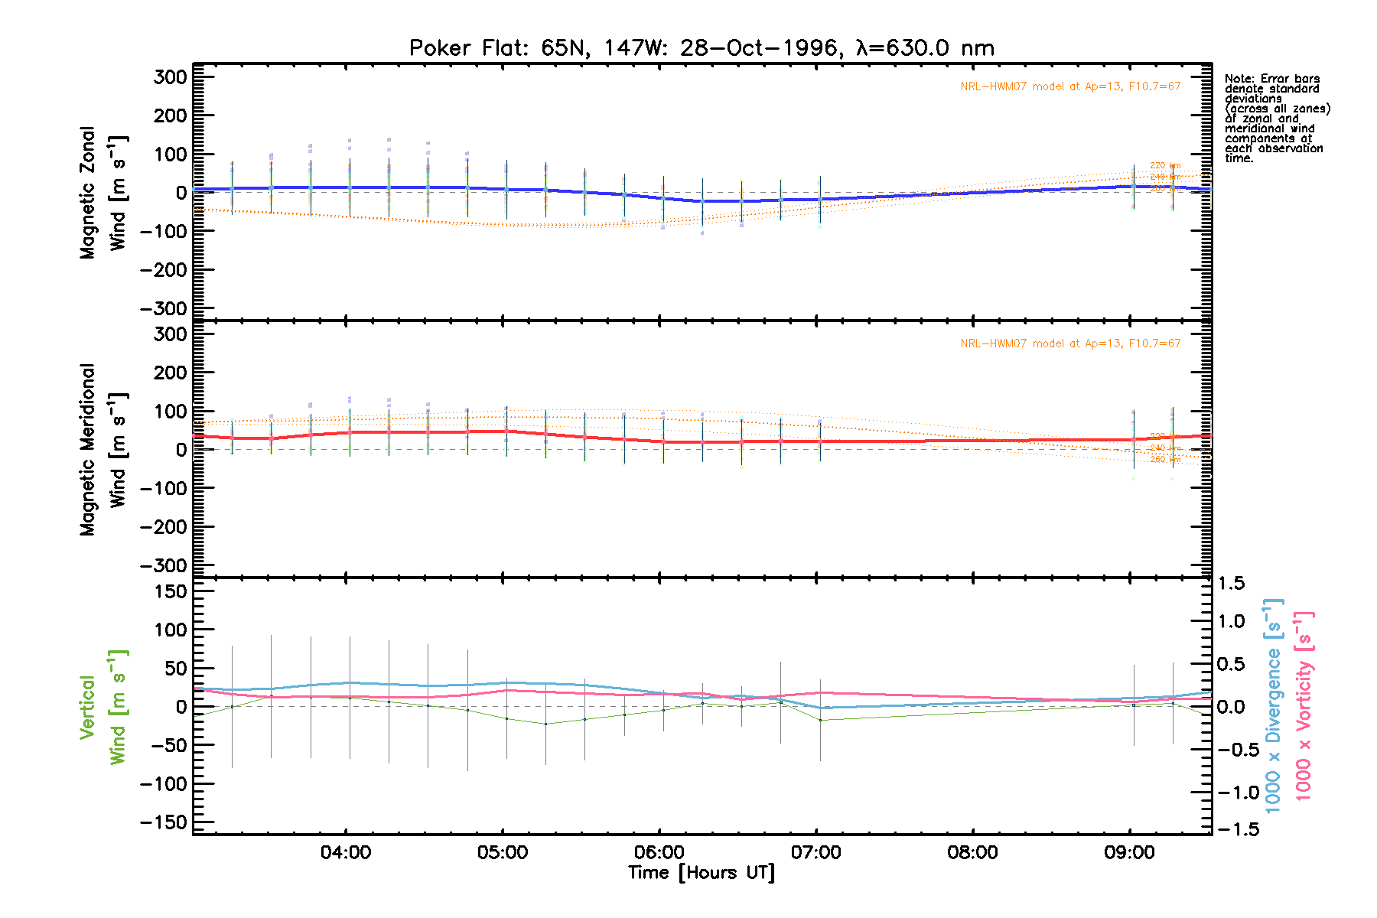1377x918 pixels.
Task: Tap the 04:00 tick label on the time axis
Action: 346,852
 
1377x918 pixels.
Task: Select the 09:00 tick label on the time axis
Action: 1129,852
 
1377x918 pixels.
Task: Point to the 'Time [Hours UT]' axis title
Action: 702,873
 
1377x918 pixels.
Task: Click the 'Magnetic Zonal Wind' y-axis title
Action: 103,193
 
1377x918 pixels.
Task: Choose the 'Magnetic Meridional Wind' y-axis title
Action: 103,449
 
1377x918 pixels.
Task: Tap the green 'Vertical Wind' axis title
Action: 103,707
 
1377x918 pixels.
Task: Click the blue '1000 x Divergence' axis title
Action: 1273,705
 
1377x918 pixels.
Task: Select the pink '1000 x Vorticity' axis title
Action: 1304,705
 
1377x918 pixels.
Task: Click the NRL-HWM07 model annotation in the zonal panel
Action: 1070,86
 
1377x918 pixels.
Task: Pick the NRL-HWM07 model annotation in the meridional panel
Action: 1070,343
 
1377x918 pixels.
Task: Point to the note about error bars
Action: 1276,119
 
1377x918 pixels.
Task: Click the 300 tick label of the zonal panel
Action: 170,77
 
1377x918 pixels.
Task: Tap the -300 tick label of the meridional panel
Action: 164,565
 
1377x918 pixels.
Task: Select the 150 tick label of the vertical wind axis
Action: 170,591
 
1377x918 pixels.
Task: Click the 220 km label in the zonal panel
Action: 1165,165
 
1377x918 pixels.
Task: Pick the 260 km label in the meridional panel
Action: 1165,460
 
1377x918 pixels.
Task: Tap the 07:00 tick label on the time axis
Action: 816,852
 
